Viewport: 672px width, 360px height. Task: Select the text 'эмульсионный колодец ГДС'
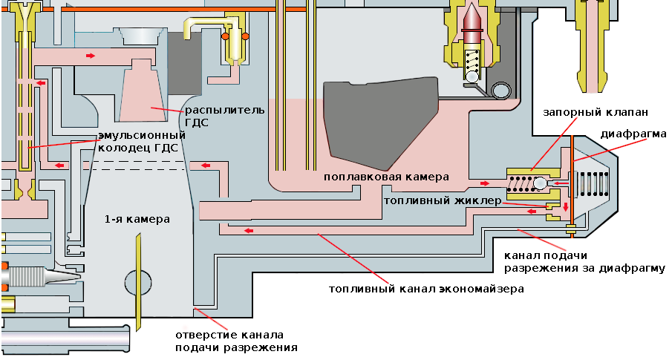(x=141, y=141)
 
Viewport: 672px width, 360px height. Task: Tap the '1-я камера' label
(x=137, y=220)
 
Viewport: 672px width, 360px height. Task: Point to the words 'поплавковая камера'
(x=386, y=177)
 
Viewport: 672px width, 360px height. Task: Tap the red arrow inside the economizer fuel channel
(x=249, y=230)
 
